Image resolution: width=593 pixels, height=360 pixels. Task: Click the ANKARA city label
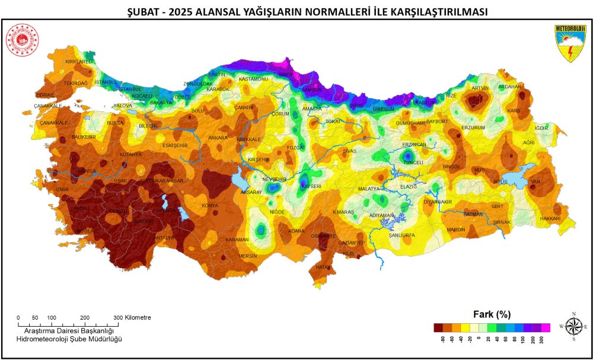pyautogui.click(x=218, y=138)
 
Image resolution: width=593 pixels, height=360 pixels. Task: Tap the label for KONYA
pyautogui.click(x=210, y=206)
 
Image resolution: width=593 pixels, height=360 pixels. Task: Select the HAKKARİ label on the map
pyautogui.click(x=550, y=219)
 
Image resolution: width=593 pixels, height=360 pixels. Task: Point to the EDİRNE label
pyautogui.click(x=28, y=95)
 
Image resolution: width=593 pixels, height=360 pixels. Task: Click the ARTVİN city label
pyautogui.click(x=480, y=88)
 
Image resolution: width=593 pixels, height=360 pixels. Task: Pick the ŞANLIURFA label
pyautogui.click(x=401, y=235)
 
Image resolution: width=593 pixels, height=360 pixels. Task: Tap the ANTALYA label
pyautogui.click(x=164, y=238)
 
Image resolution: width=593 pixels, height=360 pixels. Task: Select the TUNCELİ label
pyautogui.click(x=413, y=163)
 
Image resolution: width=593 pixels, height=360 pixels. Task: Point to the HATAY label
pyautogui.click(x=323, y=267)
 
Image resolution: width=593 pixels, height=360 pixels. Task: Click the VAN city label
pyautogui.click(x=535, y=181)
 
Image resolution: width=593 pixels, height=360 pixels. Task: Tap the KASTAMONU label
pyautogui.click(x=253, y=79)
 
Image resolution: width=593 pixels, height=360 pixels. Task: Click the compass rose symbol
pyautogui.click(x=573, y=327)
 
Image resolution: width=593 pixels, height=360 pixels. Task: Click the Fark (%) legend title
pyautogui.click(x=492, y=314)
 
